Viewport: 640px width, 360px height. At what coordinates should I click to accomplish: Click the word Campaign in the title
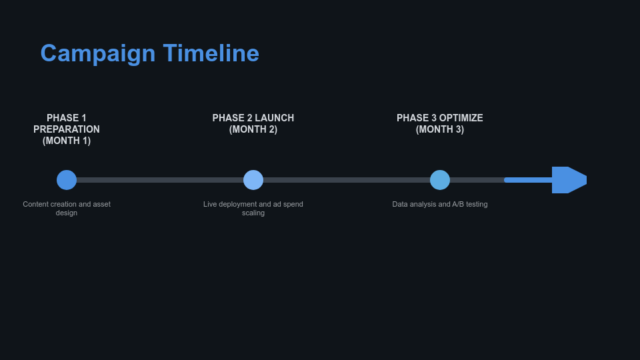point(97,53)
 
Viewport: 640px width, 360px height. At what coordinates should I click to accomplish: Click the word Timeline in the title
point(211,53)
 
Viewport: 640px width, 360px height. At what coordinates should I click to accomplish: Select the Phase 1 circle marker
point(67,180)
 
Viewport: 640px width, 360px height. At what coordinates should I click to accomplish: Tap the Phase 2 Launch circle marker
point(253,180)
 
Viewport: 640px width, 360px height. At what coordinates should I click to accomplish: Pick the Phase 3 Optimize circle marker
point(440,180)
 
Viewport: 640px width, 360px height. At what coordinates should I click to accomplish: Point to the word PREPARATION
point(67,129)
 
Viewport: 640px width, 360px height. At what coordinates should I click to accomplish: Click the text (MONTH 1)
point(67,141)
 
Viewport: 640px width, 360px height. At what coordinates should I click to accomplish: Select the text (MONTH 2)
point(253,129)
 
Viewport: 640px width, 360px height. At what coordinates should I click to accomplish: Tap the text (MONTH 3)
point(440,129)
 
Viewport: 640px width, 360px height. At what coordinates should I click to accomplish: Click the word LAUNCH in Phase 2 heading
point(274,118)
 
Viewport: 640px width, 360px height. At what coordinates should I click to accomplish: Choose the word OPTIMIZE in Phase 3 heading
point(461,118)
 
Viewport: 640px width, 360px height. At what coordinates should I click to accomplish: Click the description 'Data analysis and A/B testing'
point(440,204)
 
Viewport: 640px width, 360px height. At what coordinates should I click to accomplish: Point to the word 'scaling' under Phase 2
point(253,213)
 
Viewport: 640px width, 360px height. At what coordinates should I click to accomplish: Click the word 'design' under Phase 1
point(67,213)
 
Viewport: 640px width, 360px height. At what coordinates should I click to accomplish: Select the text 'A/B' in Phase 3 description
point(458,204)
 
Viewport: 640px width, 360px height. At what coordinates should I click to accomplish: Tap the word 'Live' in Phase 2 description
point(210,204)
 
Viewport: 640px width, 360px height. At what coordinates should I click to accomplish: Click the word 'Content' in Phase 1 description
point(35,204)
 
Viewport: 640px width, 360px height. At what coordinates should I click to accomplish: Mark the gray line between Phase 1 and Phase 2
point(160,180)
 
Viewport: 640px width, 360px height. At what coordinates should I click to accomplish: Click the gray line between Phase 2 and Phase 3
point(347,180)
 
